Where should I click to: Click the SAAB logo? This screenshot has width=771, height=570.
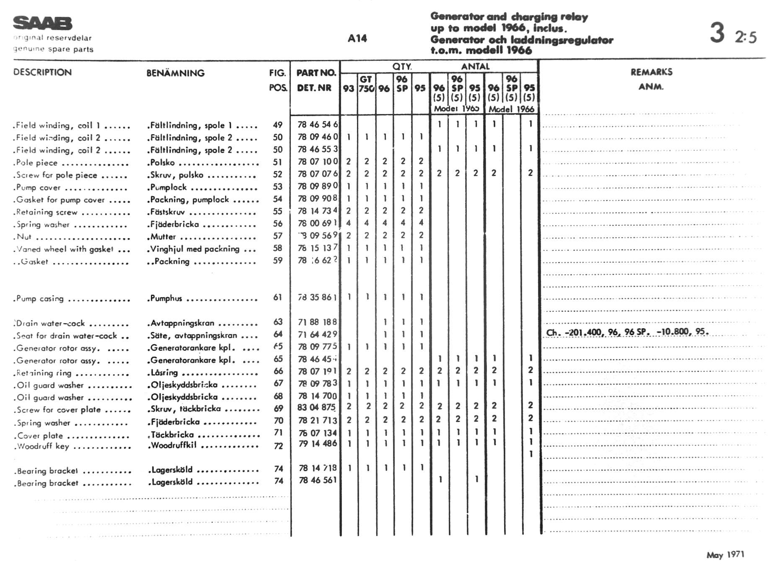[42, 23]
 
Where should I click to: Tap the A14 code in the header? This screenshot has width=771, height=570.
[357, 39]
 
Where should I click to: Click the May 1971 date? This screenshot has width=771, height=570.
[725, 555]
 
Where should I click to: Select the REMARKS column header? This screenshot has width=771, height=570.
[651, 72]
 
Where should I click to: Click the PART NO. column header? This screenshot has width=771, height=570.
[316, 73]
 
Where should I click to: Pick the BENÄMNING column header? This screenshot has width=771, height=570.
[176, 73]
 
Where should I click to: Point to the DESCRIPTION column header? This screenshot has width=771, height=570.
[42, 72]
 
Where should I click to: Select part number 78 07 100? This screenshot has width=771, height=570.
[318, 162]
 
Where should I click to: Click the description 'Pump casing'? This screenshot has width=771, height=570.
[40, 299]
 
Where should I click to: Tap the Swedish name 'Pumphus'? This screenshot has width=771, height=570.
[166, 298]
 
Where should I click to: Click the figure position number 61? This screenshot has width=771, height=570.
[277, 298]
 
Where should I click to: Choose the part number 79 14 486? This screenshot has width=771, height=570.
[318, 443]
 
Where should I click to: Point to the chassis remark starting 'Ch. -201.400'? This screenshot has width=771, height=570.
[627, 332]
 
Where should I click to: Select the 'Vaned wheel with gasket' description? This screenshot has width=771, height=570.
[65, 249]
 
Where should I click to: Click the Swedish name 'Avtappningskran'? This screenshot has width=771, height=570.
[182, 323]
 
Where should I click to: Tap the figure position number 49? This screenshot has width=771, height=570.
[277, 125]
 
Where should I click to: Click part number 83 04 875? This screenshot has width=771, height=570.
[317, 407]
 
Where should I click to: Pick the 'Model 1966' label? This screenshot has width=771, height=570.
[511, 109]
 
